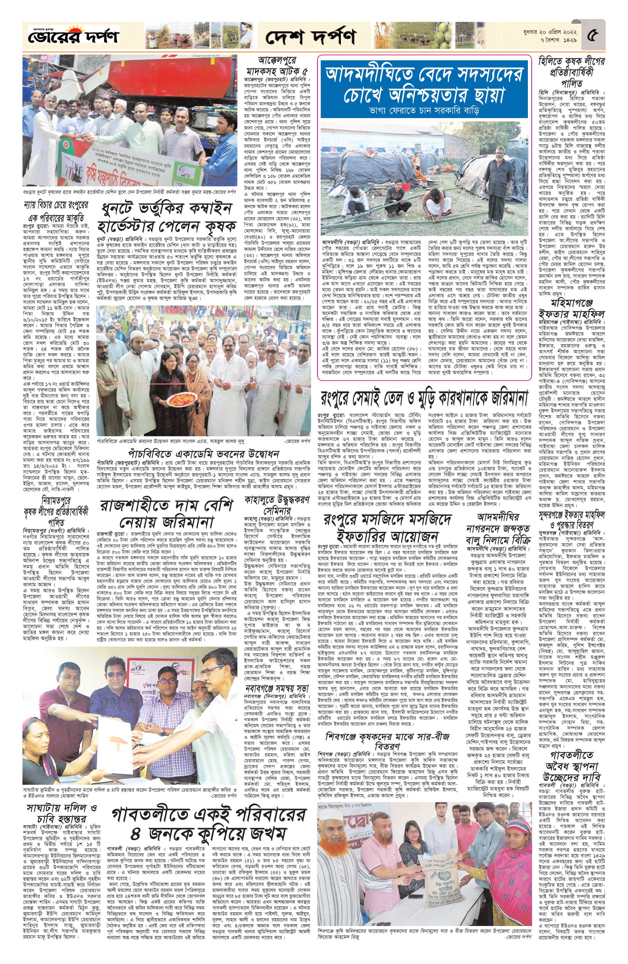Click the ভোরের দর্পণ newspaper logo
tap(71, 37)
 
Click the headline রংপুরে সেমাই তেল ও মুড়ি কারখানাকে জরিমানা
tap(424, 399)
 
